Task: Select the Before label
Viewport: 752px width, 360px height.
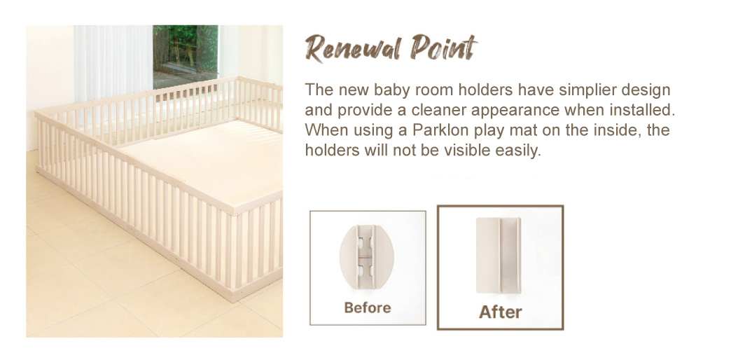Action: [x=368, y=307]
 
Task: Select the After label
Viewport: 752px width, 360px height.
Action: [x=500, y=312]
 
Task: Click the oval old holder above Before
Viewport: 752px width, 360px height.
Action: [x=367, y=257]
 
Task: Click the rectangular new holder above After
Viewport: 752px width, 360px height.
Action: [x=499, y=256]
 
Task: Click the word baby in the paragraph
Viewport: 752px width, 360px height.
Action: [x=391, y=90]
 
